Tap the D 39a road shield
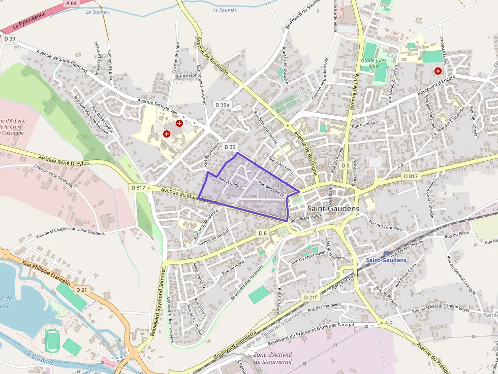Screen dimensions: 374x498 pos(223,105)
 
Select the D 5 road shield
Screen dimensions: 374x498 pos(345,165)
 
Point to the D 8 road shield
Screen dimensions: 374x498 pos(262,233)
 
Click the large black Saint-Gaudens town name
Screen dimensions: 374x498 pos(333,209)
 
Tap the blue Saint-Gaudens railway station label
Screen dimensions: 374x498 pos(386,260)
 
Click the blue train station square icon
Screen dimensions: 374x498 pos(387,253)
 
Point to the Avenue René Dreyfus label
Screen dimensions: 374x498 pos(64,160)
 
